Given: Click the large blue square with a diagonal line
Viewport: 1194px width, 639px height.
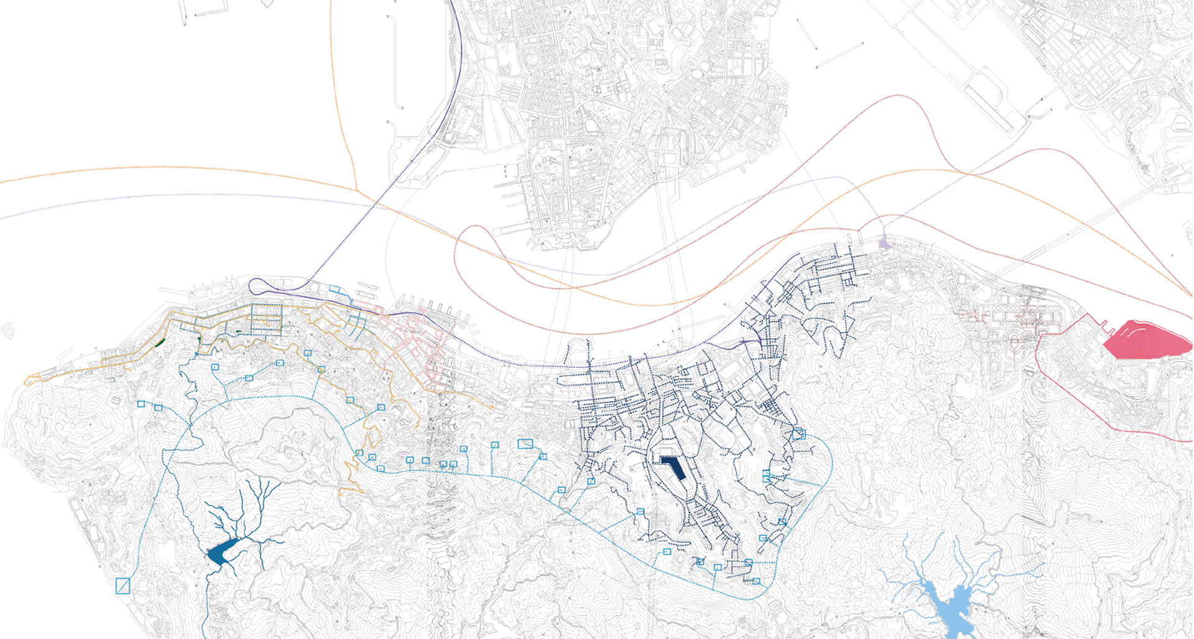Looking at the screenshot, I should tap(123, 586).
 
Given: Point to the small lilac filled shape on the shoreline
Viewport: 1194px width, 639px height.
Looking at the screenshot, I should tap(884, 243).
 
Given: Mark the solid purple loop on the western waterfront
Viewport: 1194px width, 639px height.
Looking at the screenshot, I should tap(267, 287).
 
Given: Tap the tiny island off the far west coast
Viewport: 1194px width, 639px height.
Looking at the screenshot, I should tap(7, 331).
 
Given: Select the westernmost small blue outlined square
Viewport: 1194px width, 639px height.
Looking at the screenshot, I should tap(141, 404).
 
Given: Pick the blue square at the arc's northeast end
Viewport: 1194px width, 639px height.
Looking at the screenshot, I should tap(799, 434).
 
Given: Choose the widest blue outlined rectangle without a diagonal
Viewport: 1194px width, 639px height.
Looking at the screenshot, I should tap(525, 444).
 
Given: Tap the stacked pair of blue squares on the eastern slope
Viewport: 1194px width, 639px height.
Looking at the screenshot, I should tap(767, 476).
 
